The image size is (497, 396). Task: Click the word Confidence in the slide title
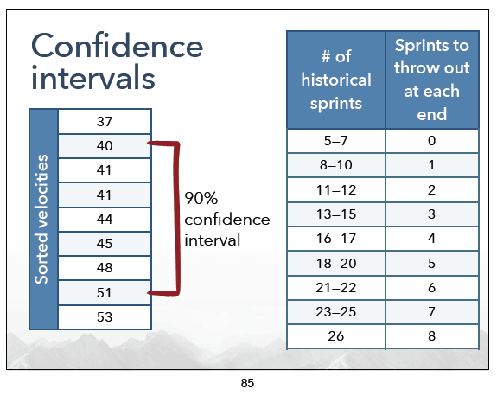coord(117,46)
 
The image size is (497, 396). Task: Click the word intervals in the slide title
coord(93,77)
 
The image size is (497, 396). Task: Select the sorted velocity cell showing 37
coord(105,121)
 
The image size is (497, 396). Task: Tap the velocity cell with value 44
coord(105,220)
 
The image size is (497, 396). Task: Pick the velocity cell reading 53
coord(105,317)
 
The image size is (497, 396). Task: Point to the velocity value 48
coord(105,268)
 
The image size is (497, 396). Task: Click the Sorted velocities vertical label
coord(41,219)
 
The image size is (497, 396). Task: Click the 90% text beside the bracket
coord(201,199)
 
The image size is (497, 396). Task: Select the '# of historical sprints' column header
coord(336,80)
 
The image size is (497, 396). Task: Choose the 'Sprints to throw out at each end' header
coord(432,80)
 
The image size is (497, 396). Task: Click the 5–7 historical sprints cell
coord(336,141)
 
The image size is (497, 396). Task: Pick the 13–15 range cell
coord(336,214)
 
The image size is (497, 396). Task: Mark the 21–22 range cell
coord(336,288)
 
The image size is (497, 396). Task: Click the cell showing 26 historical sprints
coord(336,336)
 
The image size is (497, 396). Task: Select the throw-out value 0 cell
coord(432,141)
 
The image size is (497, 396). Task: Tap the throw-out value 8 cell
coord(432,336)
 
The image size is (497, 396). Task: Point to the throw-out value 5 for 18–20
coord(432,264)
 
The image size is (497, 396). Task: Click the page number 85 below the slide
coord(247,383)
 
